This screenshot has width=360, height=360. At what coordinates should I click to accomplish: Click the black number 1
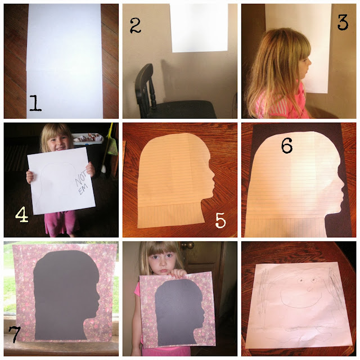point(35,103)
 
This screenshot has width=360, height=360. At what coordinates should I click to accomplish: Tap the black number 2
point(135,25)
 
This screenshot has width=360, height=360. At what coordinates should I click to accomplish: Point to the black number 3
point(343,22)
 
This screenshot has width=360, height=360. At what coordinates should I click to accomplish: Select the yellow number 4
point(22,214)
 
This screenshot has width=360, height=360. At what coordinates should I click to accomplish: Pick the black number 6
point(287,146)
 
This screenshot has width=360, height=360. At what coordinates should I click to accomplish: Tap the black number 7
point(15,334)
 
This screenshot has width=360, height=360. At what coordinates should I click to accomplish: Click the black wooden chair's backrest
point(144,86)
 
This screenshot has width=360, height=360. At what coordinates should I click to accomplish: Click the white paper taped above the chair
point(199,28)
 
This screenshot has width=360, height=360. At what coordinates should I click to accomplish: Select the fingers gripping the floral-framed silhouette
point(177,273)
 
